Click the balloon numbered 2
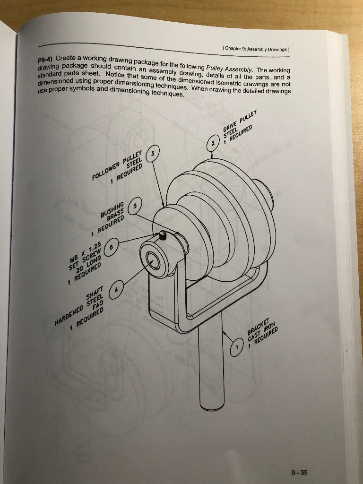[213, 142]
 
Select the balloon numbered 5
[136, 206]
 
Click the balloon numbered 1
[236, 348]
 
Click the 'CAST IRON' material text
[263, 333]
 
